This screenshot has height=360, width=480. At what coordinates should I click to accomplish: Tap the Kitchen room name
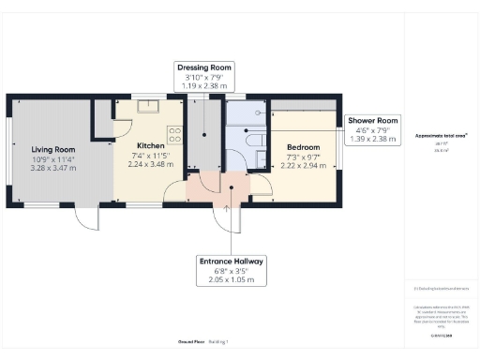(x=150, y=146)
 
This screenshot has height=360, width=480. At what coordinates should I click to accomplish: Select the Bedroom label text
(x=303, y=147)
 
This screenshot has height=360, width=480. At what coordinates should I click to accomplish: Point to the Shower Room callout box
(x=373, y=128)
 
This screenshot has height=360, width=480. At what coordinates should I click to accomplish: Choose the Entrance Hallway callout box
(x=231, y=270)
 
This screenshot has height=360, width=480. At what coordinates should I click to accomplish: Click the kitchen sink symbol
(x=147, y=106)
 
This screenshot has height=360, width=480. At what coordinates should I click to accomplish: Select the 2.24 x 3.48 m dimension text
(x=150, y=165)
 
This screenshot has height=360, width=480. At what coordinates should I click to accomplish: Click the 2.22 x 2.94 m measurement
(x=303, y=166)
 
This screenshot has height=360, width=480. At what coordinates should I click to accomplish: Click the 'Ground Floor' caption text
(x=192, y=343)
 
